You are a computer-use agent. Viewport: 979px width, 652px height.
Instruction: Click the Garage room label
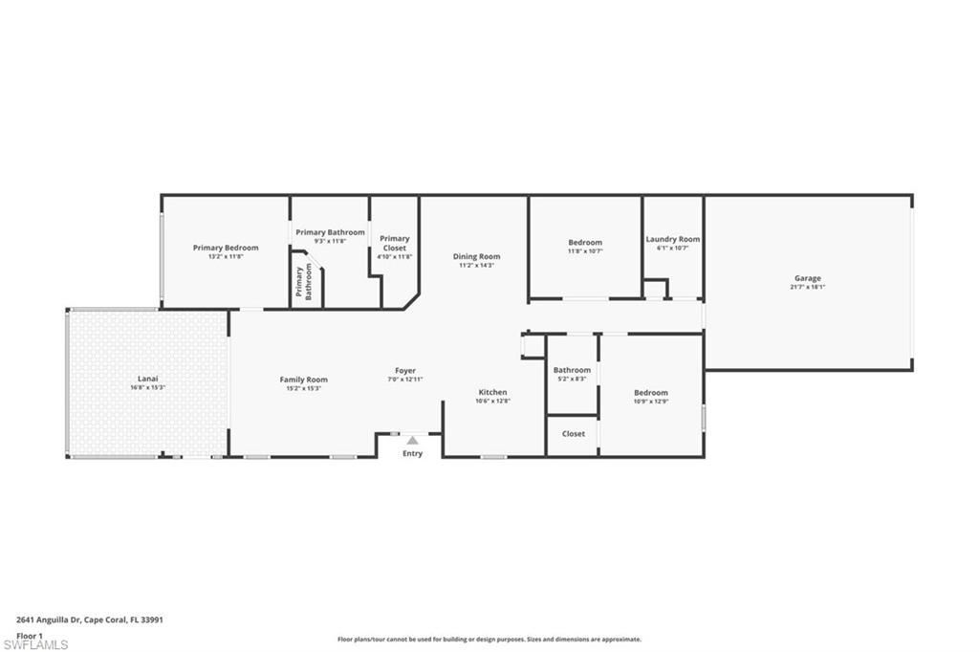(807, 278)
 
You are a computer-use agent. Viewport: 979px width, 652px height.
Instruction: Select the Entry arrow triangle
(412, 441)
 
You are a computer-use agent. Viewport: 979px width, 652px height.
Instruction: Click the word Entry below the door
(412, 453)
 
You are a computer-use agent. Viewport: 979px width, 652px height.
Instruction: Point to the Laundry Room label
(672, 239)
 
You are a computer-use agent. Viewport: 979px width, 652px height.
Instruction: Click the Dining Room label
(476, 256)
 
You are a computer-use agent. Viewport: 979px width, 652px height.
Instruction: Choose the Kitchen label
(493, 392)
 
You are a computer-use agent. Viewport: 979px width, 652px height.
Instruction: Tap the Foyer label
(405, 371)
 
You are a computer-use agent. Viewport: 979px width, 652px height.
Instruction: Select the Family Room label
(303, 380)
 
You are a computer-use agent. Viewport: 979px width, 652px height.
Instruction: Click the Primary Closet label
(394, 243)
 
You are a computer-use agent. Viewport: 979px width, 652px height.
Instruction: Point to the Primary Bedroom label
(226, 248)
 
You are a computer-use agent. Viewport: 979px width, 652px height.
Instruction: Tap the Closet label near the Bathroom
(574, 434)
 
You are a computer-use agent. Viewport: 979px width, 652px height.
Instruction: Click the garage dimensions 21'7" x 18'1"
(807, 287)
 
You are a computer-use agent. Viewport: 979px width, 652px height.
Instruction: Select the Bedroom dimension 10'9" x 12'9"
(651, 402)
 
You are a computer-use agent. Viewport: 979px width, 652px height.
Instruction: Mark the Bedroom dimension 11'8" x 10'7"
(585, 251)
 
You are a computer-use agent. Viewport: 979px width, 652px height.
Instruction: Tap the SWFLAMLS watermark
(35, 644)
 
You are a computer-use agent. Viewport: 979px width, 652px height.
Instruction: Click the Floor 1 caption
(30, 635)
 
